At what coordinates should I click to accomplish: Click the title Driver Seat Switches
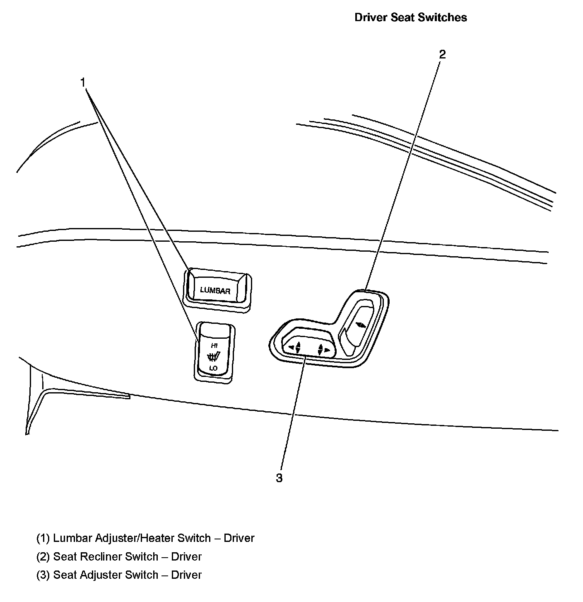(411, 17)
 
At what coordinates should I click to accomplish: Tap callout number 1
(83, 83)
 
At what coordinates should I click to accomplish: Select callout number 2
(442, 54)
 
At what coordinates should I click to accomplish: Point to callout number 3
(279, 478)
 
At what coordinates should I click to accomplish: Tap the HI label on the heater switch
(214, 345)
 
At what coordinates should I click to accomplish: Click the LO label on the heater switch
(213, 368)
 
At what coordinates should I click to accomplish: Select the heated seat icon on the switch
(213, 356)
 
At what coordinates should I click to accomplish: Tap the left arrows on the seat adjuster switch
(294, 347)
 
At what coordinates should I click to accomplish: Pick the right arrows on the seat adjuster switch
(323, 350)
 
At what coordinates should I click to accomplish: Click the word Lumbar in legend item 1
(73, 538)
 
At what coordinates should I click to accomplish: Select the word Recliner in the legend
(101, 556)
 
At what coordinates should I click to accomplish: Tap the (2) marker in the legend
(43, 556)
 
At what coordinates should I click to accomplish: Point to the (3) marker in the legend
(43, 575)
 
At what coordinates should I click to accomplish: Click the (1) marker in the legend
(43, 538)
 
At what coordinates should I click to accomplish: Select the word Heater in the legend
(157, 538)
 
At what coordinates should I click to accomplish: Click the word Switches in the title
(443, 17)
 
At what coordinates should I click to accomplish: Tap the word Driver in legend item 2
(186, 556)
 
